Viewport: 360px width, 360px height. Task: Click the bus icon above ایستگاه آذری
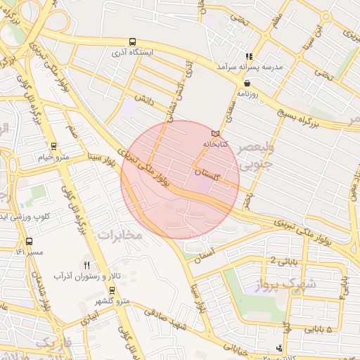[134, 41]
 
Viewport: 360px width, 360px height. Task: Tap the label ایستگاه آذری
[134, 53]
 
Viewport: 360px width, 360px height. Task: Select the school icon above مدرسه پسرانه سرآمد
[247, 56]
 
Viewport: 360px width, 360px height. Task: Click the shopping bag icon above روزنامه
[247, 83]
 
